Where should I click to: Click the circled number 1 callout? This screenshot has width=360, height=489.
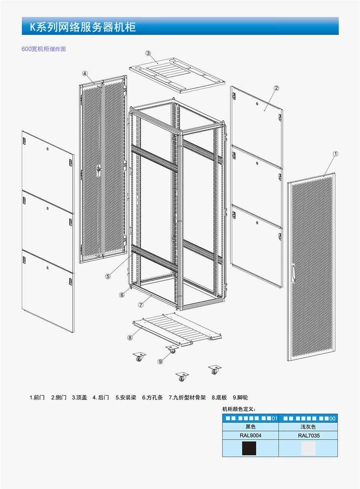(336, 154)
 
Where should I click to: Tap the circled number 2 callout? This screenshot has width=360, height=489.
(276, 88)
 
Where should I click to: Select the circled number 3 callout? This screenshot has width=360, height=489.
(148, 53)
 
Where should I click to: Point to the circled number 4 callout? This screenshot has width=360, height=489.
(85, 74)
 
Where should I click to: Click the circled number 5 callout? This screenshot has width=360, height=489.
(108, 277)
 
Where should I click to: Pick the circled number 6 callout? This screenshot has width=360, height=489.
(122, 295)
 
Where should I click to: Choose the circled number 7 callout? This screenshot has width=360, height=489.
(141, 305)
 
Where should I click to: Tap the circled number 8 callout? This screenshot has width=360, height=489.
(130, 338)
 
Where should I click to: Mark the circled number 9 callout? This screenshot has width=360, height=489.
(160, 361)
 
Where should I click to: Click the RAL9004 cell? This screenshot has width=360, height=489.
(250, 435)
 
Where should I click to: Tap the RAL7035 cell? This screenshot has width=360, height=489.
(308, 435)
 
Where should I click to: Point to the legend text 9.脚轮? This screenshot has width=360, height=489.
(240, 397)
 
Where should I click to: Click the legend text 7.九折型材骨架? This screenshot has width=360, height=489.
(187, 397)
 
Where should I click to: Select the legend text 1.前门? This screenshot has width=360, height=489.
(37, 397)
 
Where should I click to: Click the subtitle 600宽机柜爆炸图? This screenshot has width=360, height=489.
(44, 49)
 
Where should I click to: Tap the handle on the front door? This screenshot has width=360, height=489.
(293, 273)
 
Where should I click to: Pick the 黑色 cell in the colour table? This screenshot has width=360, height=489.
(250, 427)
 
